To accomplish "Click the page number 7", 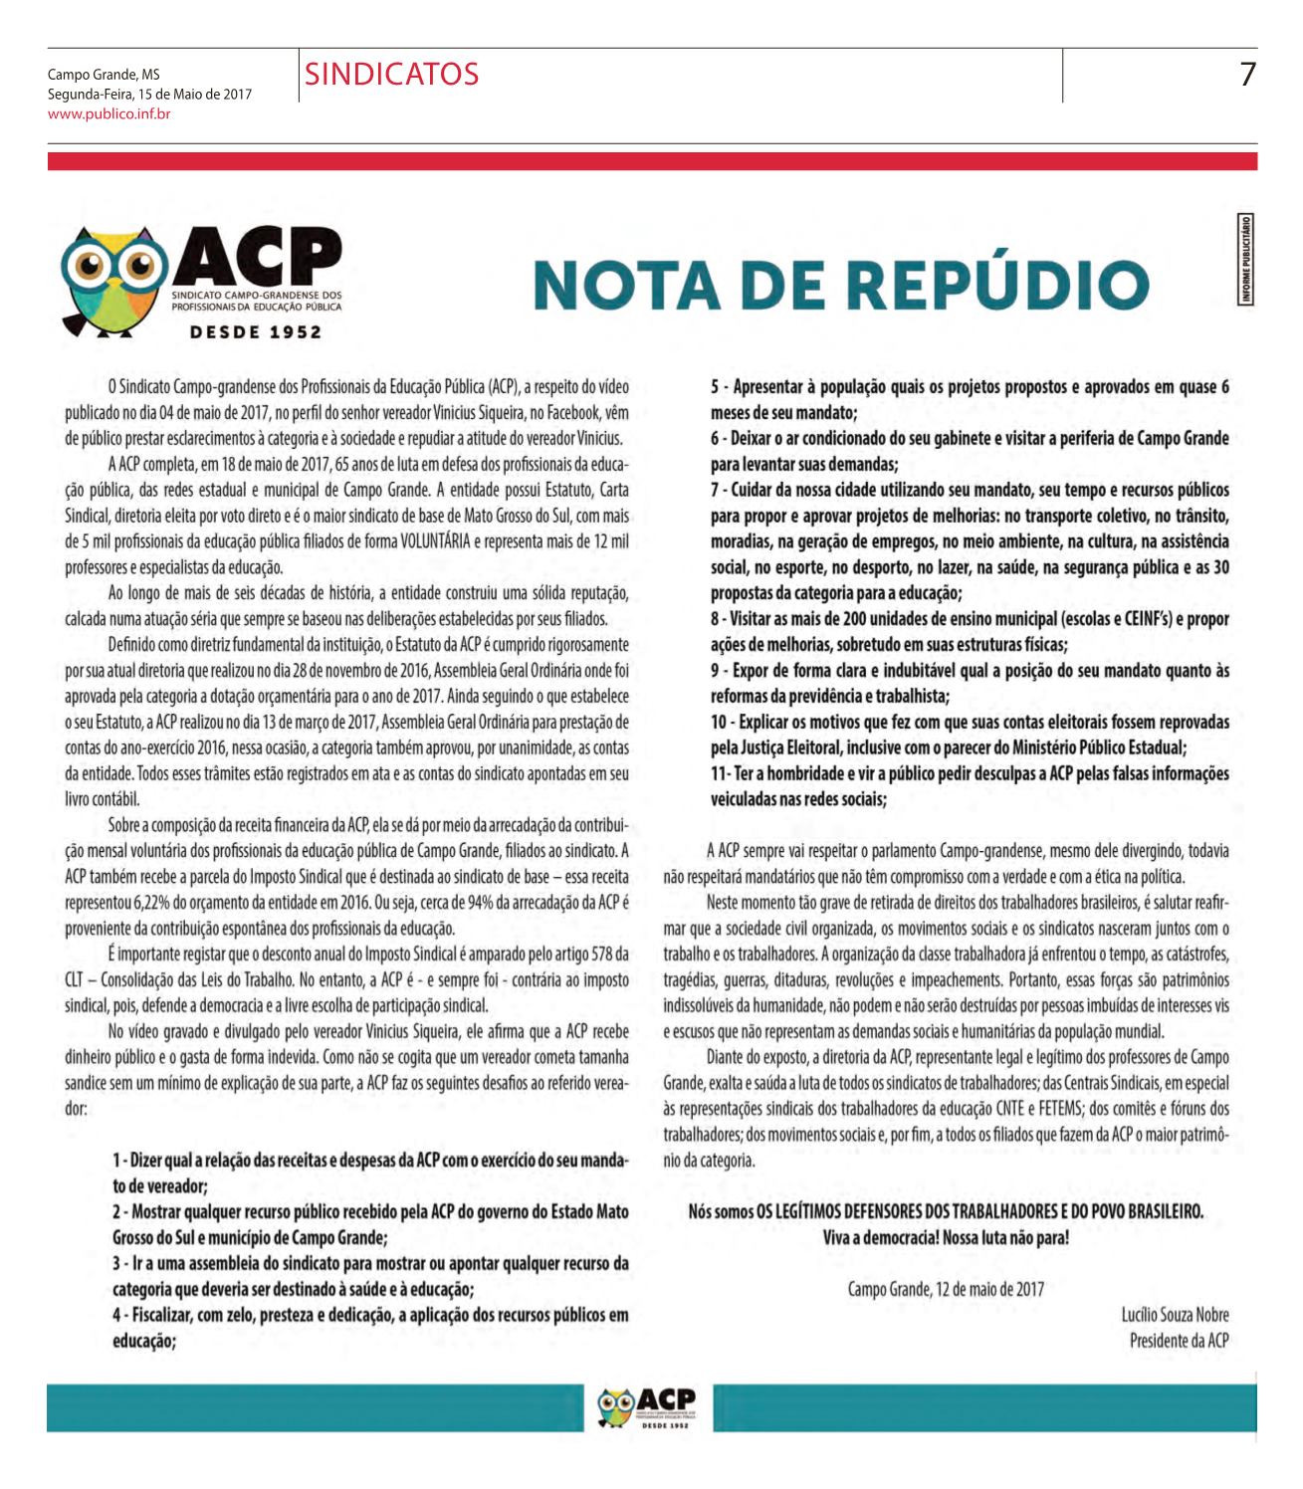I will [x=1247, y=75].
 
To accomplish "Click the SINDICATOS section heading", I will [x=391, y=75].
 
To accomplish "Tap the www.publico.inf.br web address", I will [x=109, y=114].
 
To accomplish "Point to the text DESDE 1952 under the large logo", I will [x=257, y=332].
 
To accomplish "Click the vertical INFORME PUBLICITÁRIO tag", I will [x=1245, y=259].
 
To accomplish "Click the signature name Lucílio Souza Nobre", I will [x=1175, y=1315].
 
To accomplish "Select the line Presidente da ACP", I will [x=1179, y=1341].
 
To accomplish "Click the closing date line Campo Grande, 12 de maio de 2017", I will [x=946, y=1289].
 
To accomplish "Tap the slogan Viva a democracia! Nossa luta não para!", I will [x=946, y=1238].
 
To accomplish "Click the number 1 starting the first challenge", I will [x=116, y=1161].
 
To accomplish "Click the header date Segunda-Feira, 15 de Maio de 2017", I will [x=149, y=95].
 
